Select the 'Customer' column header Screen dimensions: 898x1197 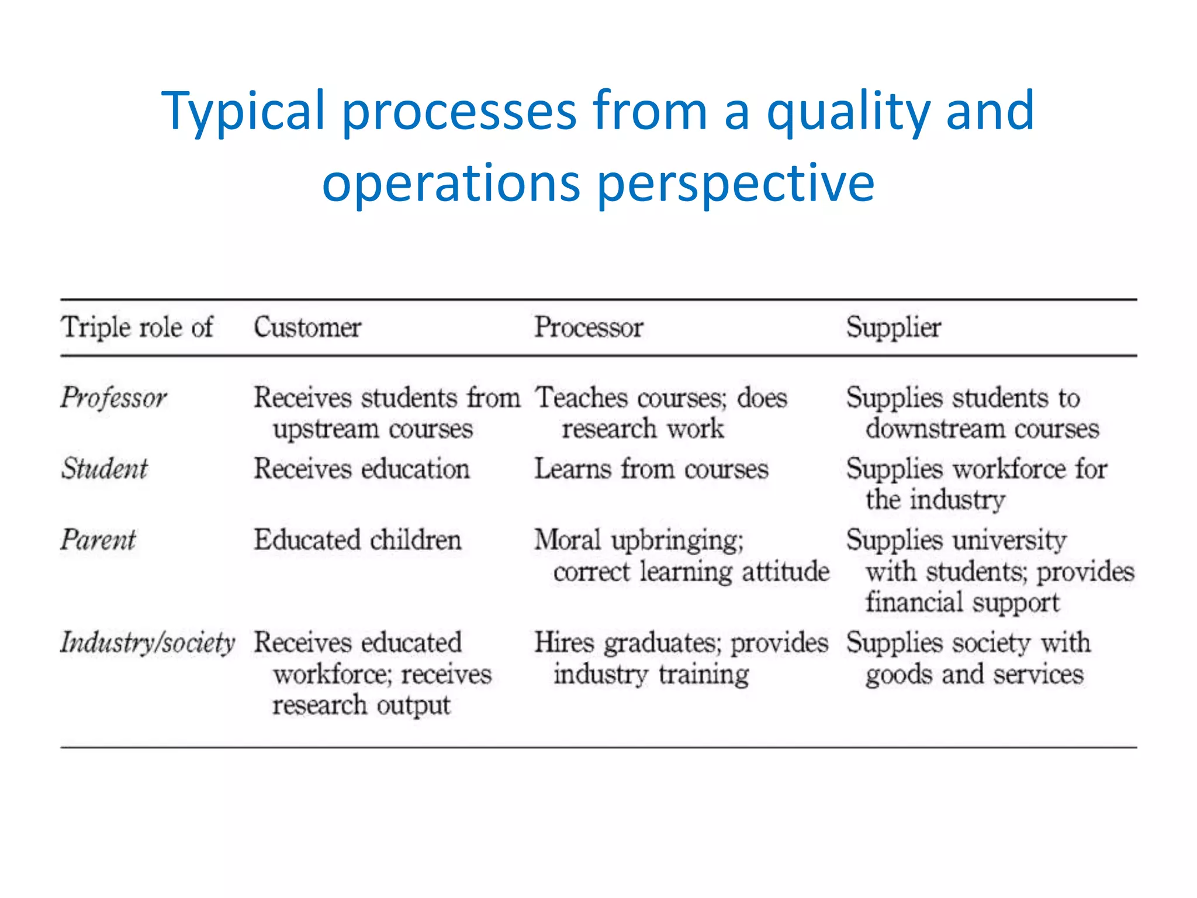click(x=307, y=327)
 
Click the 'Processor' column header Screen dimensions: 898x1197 click(x=589, y=327)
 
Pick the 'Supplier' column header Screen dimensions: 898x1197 click(x=894, y=327)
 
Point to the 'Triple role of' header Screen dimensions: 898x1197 click(x=137, y=327)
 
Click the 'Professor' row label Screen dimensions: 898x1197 click(x=114, y=398)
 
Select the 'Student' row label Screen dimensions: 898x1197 click(x=105, y=469)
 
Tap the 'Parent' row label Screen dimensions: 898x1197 click(x=98, y=540)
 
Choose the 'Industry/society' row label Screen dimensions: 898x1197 click(x=147, y=643)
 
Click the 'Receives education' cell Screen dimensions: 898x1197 click(x=362, y=469)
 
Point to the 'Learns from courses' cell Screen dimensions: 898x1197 click(x=652, y=469)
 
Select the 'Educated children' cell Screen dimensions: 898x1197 click(x=357, y=540)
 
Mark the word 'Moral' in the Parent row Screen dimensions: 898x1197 click(x=568, y=540)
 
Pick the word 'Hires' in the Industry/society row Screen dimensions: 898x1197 click(x=564, y=643)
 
